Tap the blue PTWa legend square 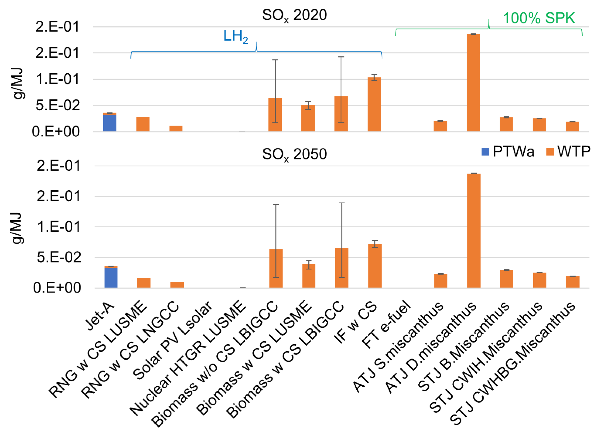point(485,152)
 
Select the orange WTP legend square point(550,152)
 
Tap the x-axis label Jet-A point(100,317)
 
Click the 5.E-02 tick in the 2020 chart point(57,105)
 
